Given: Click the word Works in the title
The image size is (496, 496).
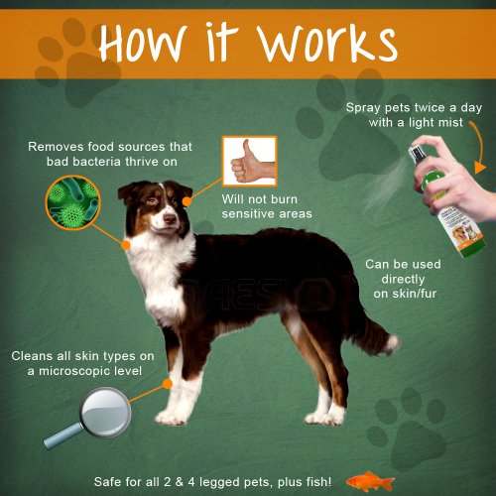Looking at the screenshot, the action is (327, 43).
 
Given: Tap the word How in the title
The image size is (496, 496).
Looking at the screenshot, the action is (141, 43).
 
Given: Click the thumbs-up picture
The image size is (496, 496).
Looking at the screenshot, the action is (250, 161).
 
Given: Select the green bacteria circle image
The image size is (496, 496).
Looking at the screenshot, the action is (72, 202).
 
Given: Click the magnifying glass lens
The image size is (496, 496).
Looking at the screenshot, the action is (106, 412).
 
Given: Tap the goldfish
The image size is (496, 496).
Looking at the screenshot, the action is (370, 481).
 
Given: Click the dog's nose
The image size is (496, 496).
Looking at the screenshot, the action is (170, 218).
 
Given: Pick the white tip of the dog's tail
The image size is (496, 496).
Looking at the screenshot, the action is (393, 344).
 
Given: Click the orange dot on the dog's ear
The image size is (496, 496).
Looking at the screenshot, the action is (186, 201).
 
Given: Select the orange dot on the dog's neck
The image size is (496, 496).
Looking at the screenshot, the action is (125, 245).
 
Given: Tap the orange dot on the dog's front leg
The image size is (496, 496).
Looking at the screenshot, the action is (168, 384).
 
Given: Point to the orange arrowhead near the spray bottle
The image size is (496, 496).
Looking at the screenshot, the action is (480, 168).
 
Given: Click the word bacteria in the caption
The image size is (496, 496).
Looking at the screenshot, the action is (97, 162).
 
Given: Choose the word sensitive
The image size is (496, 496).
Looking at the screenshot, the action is (244, 214).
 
